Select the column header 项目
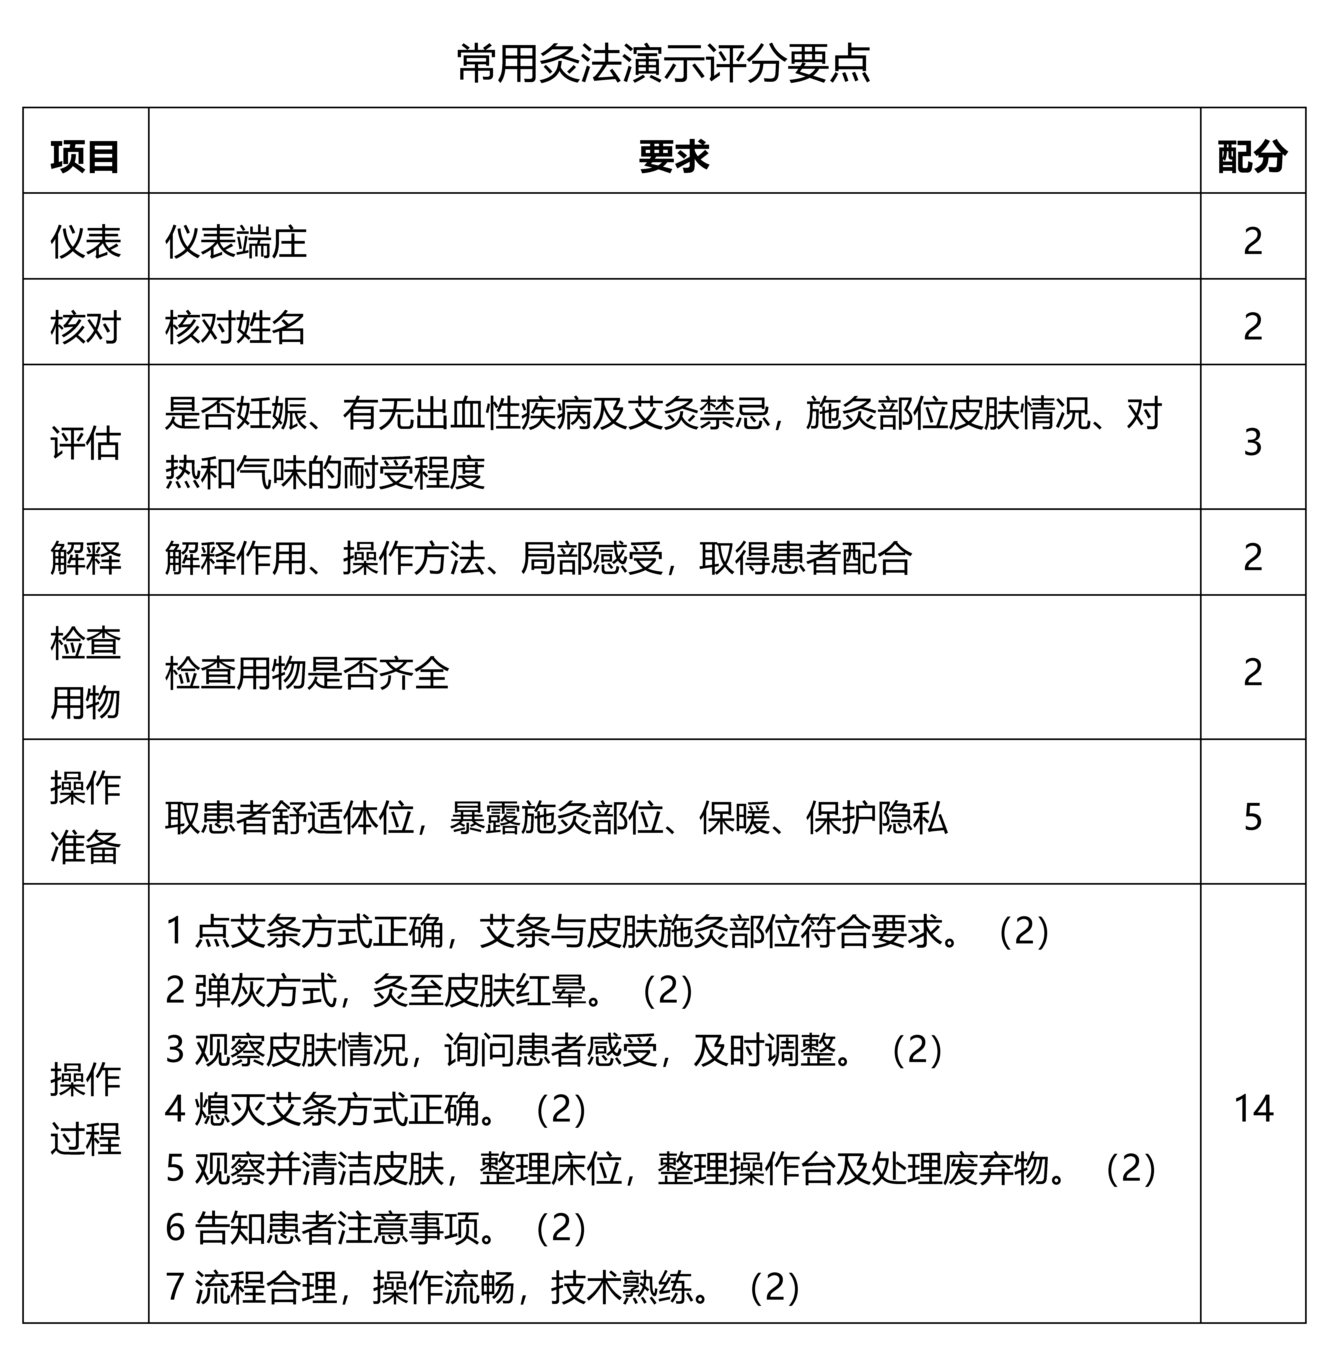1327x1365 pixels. pos(85,157)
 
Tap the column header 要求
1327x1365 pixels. pos(674,157)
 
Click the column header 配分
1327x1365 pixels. pos(1252,157)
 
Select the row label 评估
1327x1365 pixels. pos(85,442)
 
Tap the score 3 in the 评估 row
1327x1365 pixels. pos(1252,442)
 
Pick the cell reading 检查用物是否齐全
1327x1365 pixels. pos(307,673)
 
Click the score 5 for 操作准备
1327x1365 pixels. pos(1252,817)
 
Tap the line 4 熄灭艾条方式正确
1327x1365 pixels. pos(376,1109)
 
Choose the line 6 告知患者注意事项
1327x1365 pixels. pos(376,1228)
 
